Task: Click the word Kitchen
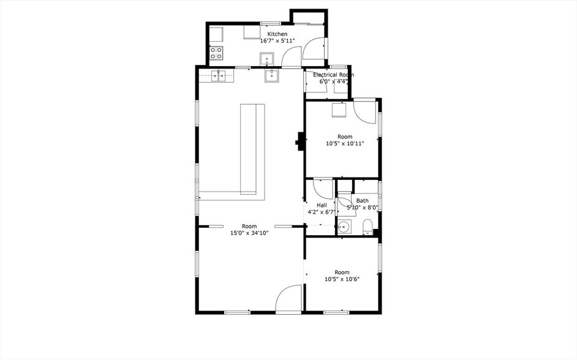point(277,34)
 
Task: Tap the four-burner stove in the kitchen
point(216,53)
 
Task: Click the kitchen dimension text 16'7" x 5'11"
point(277,41)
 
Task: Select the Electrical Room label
point(333,75)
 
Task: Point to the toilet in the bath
point(368,227)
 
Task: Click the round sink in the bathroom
point(344,227)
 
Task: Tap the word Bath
point(362,201)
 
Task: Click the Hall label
point(322,205)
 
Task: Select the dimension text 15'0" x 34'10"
point(249,233)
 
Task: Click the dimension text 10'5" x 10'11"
point(345,143)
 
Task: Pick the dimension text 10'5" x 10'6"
point(342,279)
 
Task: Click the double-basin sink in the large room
point(218,77)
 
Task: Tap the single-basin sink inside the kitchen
point(267,59)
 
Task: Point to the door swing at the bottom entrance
point(288,298)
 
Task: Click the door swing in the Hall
point(323,189)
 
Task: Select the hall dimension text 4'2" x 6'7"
point(322,212)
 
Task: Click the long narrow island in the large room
point(252,149)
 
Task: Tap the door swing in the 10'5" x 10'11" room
point(364,111)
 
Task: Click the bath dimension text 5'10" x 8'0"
point(363,208)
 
